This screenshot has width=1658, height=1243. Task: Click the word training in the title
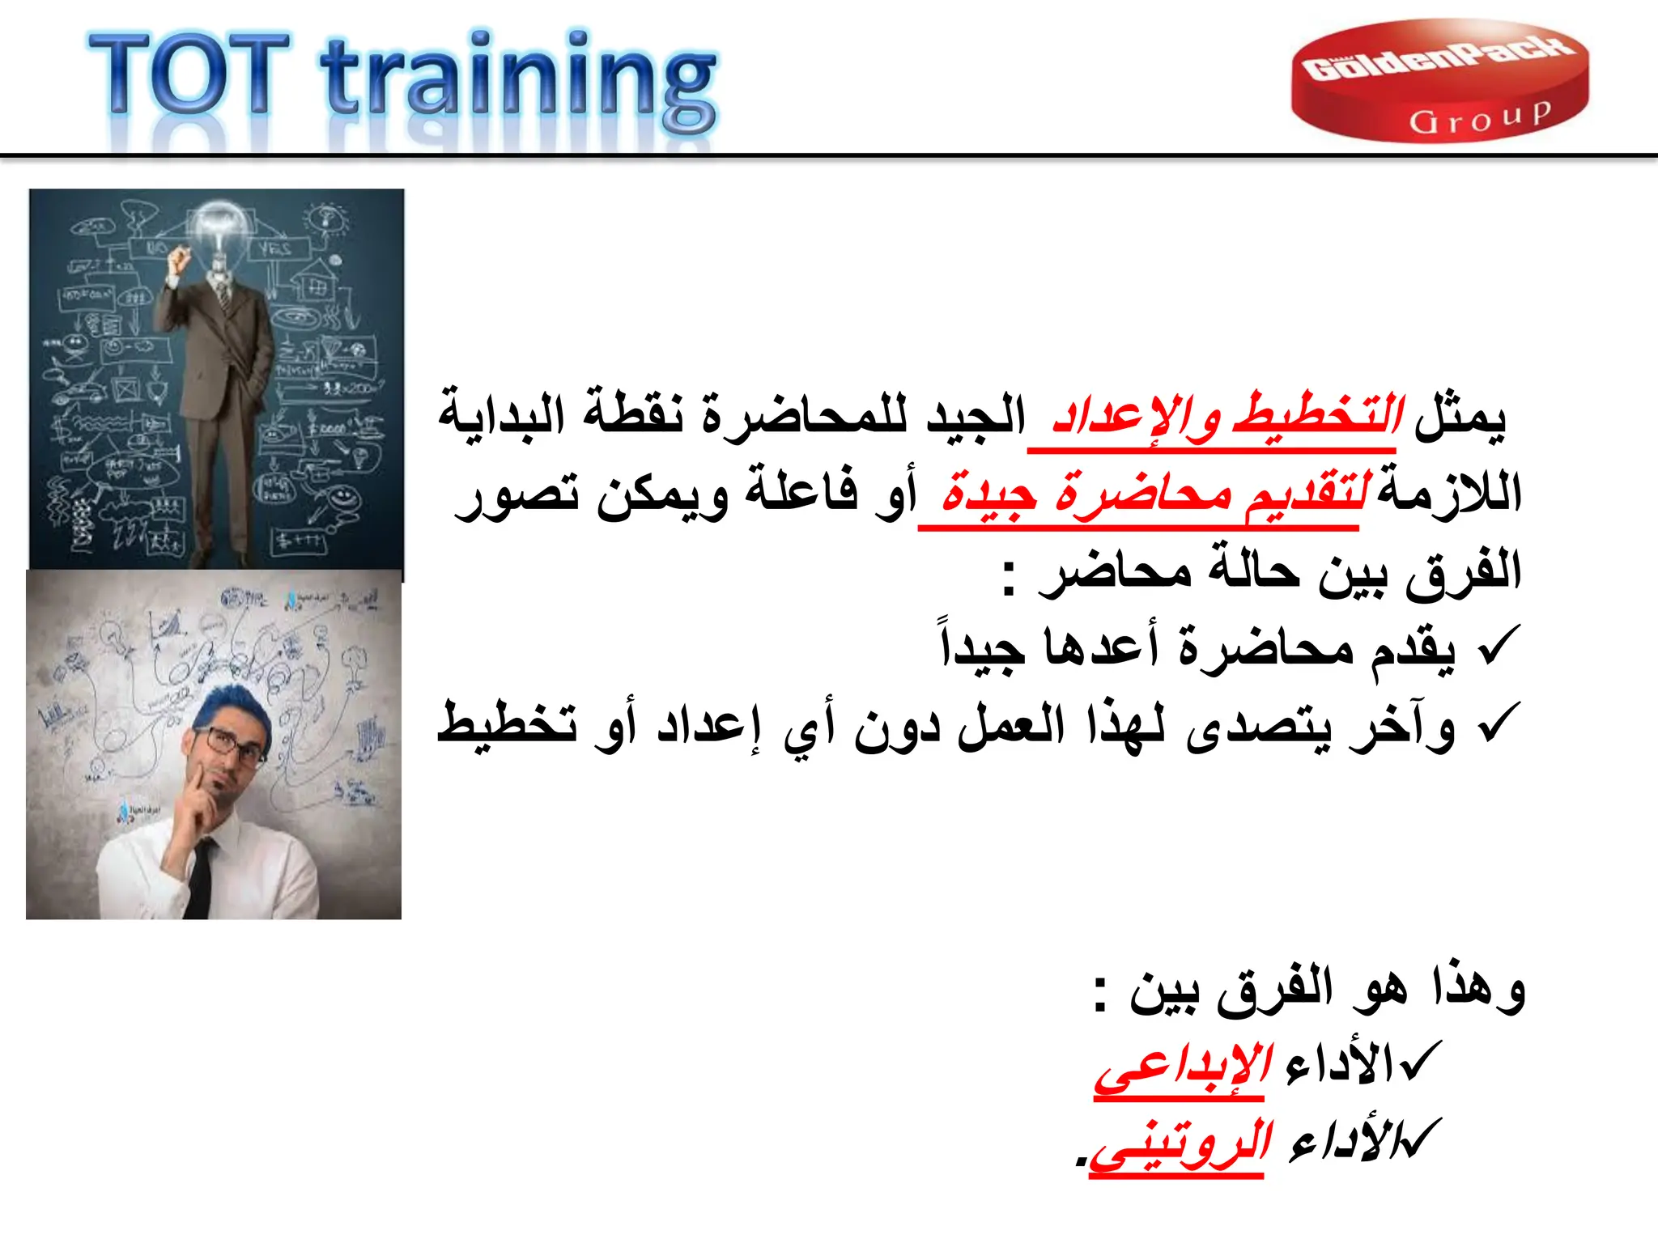click(518, 81)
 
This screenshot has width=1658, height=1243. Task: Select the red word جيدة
click(989, 494)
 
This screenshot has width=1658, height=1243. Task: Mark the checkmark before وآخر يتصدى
click(1498, 723)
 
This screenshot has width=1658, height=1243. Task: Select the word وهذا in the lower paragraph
click(1478, 989)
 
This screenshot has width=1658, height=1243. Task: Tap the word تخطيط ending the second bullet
click(507, 723)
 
